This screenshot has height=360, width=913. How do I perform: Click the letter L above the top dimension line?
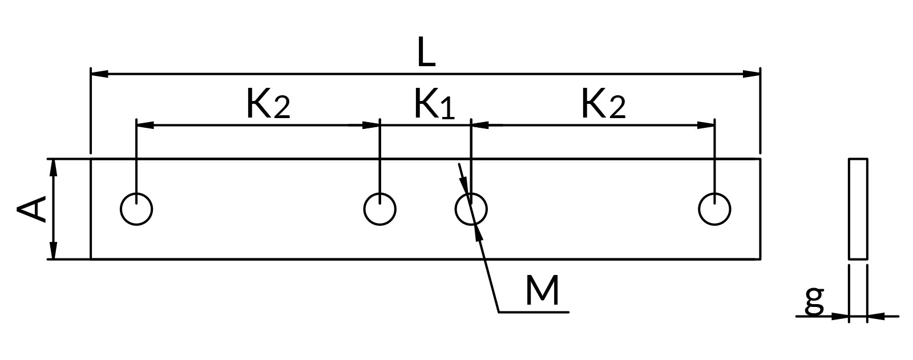[426, 52]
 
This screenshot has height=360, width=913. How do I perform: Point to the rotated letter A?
[31, 209]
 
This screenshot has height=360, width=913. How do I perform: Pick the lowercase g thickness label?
[814, 301]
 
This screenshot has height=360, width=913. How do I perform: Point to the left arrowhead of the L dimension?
[99, 74]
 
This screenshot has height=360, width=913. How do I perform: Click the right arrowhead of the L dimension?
[751, 74]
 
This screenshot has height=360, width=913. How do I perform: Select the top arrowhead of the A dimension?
[53, 168]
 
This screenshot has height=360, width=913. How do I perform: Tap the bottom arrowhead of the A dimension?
[53, 250]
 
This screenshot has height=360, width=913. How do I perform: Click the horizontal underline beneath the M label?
[534, 312]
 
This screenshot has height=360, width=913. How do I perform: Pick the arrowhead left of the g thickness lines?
[839, 316]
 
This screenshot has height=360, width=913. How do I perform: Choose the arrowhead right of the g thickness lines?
[876, 316]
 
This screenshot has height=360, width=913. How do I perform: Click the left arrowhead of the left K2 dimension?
[145, 125]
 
